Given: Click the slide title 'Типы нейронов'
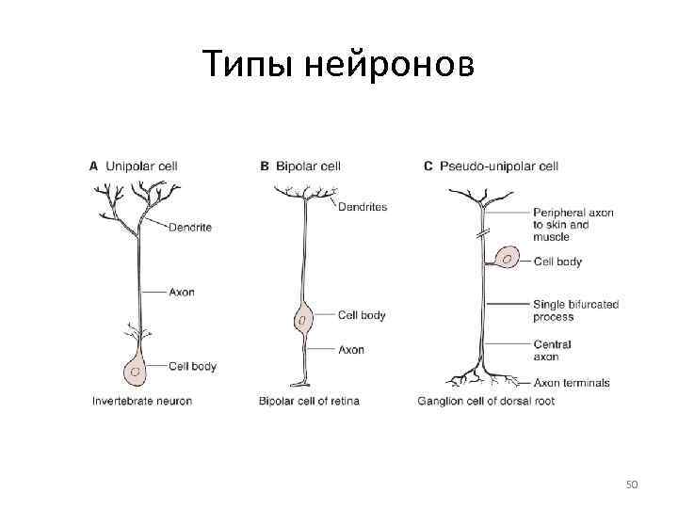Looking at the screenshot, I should click(x=339, y=66).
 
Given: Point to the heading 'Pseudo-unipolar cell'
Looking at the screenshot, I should click(x=499, y=166).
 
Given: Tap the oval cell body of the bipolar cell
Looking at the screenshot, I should click(x=302, y=320).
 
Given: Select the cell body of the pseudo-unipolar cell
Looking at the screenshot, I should click(x=507, y=256).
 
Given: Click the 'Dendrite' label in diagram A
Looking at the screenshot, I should click(x=191, y=227).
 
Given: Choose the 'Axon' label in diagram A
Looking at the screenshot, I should click(x=182, y=292).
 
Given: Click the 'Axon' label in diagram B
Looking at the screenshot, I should click(x=350, y=349).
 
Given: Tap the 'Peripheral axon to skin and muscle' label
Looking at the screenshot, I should click(x=573, y=225).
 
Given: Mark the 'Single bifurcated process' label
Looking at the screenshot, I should click(x=575, y=310).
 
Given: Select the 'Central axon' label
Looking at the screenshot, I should click(x=552, y=350).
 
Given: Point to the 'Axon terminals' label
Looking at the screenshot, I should click(x=572, y=383).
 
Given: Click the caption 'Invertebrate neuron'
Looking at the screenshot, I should click(x=141, y=401).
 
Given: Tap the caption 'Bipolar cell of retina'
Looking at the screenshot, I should click(x=309, y=401).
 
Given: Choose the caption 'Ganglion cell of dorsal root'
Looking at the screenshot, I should click(x=486, y=401).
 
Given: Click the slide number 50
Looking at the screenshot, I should click(x=632, y=484).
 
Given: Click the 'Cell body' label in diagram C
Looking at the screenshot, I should click(x=557, y=262).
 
